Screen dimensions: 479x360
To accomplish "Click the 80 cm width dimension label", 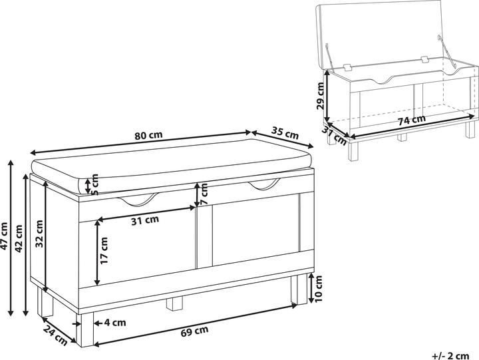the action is pos(149,135).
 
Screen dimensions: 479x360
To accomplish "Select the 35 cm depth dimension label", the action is pos(285,133).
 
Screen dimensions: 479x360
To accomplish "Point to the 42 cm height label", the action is pos(19,238).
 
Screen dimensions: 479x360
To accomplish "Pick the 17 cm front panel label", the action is pos(104,251).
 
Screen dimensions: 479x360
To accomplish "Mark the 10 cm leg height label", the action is pos(318,289).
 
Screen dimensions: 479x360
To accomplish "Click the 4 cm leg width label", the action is pos(114,323).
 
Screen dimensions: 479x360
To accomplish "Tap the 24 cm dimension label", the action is pos(55,335).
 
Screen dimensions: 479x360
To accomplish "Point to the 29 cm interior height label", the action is pos(320,96).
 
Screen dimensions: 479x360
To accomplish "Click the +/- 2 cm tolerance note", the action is pos(450,356).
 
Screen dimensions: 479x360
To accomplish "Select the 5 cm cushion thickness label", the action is pos(94,184).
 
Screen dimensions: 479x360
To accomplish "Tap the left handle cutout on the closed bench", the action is pos(138,199).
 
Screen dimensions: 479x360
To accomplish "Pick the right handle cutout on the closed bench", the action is pos(264,184).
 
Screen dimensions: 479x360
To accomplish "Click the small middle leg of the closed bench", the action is pos(174,303).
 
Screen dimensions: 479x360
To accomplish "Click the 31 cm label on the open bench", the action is pos(334,136).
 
